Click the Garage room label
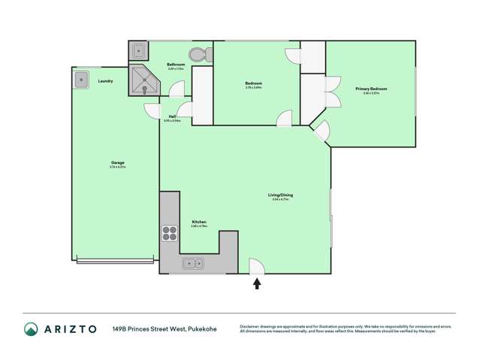tap(117, 163)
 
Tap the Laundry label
tap(106, 80)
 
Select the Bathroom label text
tap(176, 65)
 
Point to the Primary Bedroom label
tap(371, 89)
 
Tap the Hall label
tap(173, 116)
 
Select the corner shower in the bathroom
tap(143, 80)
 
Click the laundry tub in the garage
tap(82, 78)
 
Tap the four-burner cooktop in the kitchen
tap(169, 234)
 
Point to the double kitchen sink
tap(192, 263)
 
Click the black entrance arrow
tap(257, 283)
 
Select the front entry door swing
tap(256, 266)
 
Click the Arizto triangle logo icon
tap(31, 328)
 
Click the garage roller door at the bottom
tap(115, 261)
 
